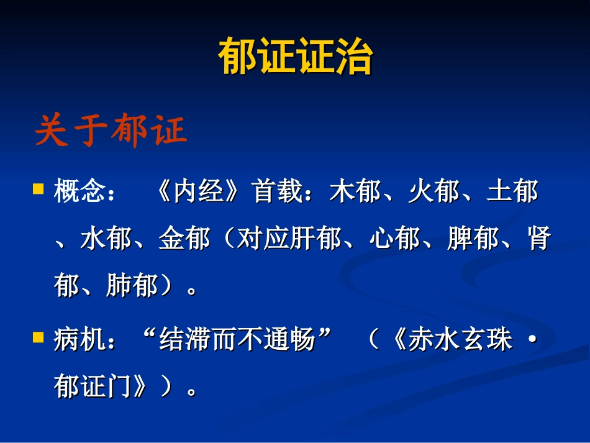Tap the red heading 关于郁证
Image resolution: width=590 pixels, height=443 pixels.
(111, 132)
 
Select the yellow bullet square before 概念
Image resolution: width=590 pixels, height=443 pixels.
(39, 188)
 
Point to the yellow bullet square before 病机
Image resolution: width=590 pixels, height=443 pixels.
(39, 337)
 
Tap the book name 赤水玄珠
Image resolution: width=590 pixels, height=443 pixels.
(460, 340)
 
